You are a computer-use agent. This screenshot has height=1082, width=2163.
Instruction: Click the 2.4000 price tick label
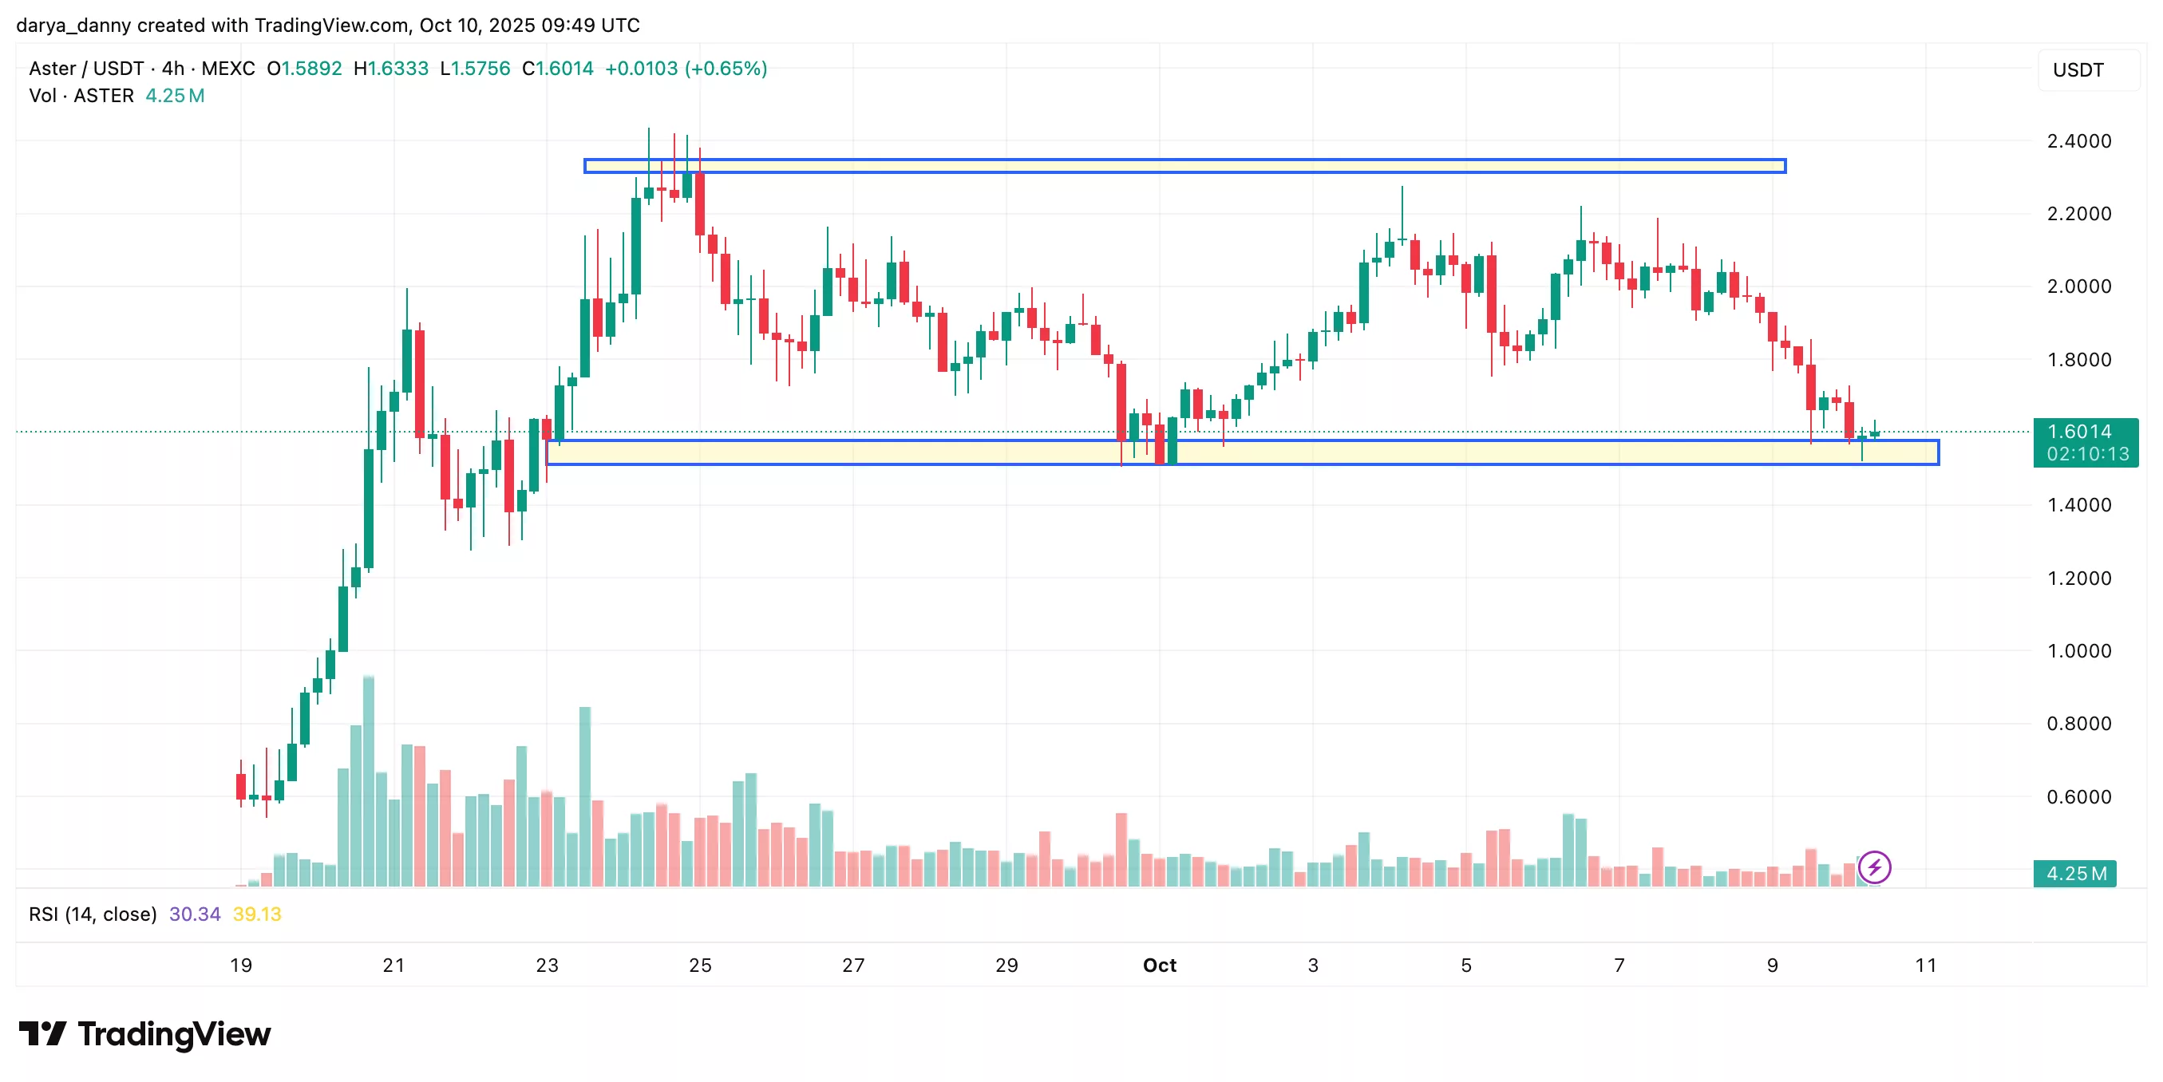2078,141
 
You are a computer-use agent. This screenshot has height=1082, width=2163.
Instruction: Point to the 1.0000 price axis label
2078,650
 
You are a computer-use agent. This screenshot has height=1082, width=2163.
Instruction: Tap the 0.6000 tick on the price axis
2078,796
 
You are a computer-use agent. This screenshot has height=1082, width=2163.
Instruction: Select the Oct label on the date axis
1159,966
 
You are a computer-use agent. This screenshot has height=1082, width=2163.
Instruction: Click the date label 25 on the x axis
699,966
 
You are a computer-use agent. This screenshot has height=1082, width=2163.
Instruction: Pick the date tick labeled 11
1925,966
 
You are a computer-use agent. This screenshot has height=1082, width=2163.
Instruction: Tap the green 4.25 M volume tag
2075,874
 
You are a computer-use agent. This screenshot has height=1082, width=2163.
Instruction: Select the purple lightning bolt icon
1874,867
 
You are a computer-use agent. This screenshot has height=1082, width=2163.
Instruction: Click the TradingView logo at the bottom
144,1034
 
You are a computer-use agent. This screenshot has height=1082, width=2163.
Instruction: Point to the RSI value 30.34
195,914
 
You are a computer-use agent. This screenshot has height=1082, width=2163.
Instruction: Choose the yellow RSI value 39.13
257,914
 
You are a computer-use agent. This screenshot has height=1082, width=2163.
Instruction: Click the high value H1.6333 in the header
391,68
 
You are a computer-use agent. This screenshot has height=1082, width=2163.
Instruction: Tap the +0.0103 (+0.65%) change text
686,68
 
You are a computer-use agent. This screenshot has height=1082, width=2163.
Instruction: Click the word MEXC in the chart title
227,68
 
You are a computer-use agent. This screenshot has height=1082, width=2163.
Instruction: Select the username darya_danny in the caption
74,26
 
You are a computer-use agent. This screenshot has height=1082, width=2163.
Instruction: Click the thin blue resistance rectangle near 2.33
1184,166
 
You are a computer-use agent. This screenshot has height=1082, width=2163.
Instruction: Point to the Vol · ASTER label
81,96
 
